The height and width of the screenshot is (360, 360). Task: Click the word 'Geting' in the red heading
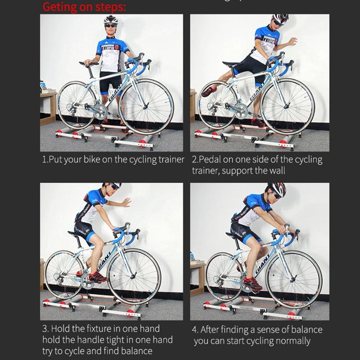[60, 7]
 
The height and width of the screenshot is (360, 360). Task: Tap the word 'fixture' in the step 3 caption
[96, 329]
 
